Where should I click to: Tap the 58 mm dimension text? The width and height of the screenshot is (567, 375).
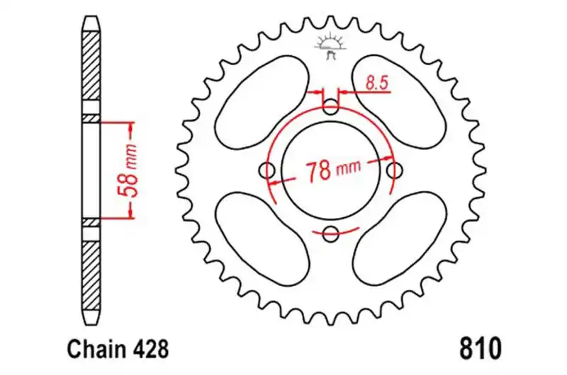tap(128, 171)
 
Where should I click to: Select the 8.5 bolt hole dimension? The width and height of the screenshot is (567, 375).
tap(376, 83)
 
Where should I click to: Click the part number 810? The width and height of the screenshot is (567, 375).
tap(481, 348)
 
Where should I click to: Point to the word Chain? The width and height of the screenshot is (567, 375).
tap(95, 349)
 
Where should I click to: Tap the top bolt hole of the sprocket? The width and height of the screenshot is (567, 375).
tap(330, 107)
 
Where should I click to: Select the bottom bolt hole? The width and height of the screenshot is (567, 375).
tap(330, 234)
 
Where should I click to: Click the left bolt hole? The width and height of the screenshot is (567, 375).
tap(267, 170)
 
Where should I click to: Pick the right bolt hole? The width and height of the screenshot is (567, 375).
tap(395, 170)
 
